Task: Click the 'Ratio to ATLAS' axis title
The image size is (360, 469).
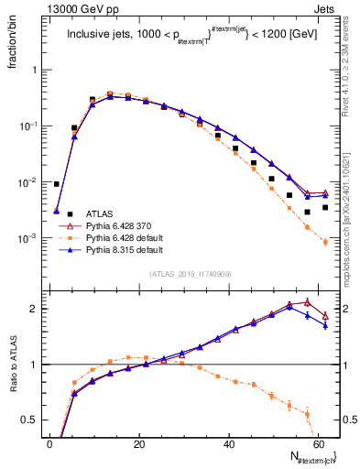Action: (x=12, y=365)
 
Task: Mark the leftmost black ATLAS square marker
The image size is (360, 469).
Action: (x=57, y=184)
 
